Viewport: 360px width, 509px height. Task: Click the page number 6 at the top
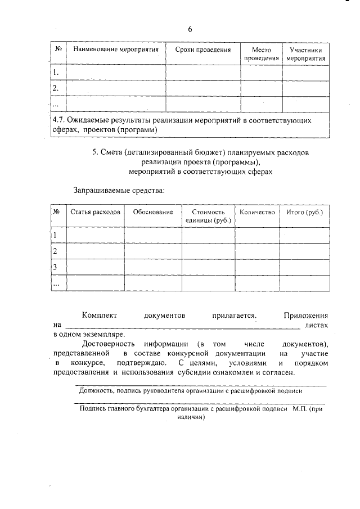(x=190, y=29)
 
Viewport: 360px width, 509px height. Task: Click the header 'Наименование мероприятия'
(x=116, y=49)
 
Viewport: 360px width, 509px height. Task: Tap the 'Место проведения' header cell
(x=262, y=54)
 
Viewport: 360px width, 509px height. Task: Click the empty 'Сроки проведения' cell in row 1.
(x=203, y=73)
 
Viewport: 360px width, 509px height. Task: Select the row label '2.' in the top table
(x=56, y=88)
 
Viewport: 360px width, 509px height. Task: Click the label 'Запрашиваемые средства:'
(x=119, y=191)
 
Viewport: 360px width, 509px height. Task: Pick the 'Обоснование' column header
(x=152, y=212)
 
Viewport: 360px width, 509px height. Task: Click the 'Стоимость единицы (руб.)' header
(x=208, y=216)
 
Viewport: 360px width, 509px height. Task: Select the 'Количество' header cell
(x=256, y=212)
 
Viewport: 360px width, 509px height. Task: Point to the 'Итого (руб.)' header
(x=304, y=212)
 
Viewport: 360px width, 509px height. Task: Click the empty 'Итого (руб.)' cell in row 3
(x=304, y=267)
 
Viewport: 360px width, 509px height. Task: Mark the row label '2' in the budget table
(x=55, y=251)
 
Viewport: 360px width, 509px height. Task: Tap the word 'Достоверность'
(x=108, y=343)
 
